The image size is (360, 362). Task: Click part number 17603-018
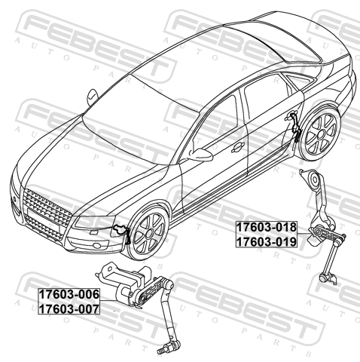[267, 227]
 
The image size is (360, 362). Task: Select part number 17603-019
[267, 242]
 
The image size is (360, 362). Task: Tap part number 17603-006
[69, 294]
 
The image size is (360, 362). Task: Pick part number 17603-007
[69, 308]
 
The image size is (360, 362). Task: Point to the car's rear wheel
[322, 134]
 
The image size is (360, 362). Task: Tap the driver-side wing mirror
[201, 154]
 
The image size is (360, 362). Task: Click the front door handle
[237, 147]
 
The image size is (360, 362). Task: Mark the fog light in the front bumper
[96, 245]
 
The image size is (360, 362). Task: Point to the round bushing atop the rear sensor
[315, 179]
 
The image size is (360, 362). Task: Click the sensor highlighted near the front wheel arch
[122, 232]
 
